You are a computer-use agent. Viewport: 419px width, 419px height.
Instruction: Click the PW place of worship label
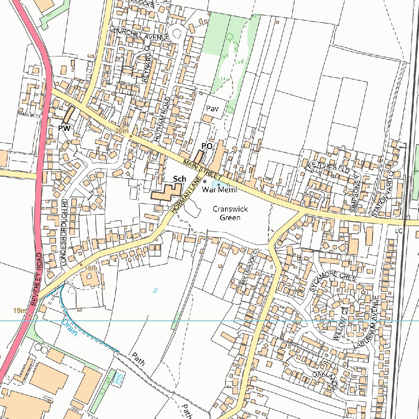tap(64, 128)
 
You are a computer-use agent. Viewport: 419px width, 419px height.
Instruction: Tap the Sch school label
tap(179, 179)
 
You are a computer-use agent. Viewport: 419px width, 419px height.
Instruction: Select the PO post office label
tap(207, 146)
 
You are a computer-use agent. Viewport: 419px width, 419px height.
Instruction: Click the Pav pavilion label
tap(212, 109)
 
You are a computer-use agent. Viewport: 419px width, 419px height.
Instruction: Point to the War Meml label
tap(219, 190)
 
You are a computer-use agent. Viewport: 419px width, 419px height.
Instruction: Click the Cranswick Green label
tap(230, 213)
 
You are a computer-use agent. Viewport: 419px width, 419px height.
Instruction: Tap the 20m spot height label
tap(122, 131)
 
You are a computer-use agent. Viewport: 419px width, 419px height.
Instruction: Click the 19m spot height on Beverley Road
tap(20, 311)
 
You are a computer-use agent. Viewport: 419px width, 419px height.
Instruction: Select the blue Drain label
tap(69, 328)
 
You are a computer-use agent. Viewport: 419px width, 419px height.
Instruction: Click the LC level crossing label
tap(399, 231)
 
